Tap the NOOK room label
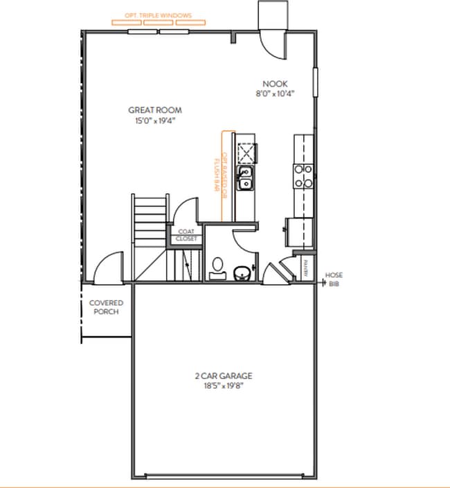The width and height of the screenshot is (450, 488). (271, 83)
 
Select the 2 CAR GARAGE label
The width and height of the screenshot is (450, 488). (223, 376)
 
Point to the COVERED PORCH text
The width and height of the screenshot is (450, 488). (106, 307)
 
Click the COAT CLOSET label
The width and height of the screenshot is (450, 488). (186, 235)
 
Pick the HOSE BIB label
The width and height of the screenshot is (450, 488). (334, 279)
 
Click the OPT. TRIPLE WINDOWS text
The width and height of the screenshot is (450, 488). (159, 15)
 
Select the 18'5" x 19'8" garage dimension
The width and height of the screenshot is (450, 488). (223, 387)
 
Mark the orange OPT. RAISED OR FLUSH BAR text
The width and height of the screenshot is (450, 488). (219, 173)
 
